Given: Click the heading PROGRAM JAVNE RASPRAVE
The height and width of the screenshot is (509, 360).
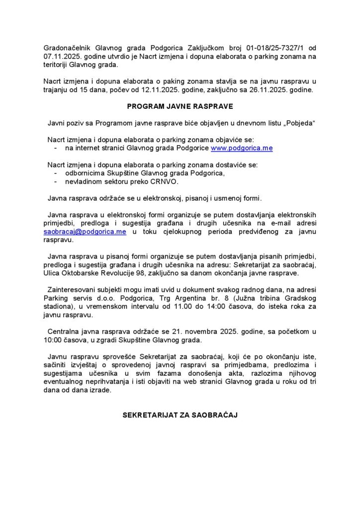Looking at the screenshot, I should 180,106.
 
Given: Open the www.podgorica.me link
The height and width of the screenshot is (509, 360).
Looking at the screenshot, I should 242,148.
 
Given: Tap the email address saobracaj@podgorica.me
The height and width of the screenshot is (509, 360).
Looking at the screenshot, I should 85,232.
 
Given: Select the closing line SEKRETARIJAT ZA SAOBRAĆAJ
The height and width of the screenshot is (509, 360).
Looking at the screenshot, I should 180,414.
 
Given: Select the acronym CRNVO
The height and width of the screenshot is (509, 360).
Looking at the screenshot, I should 165,181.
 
